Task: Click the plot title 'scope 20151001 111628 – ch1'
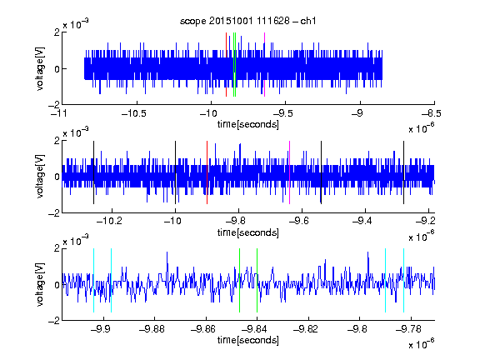(247, 21)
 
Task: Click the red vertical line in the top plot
(226, 65)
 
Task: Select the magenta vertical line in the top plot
(264, 65)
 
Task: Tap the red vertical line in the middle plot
(207, 172)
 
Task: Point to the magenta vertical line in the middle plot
(290, 172)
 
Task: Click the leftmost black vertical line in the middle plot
(93, 172)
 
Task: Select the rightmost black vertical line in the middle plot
(403, 172)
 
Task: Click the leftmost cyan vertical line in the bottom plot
(93, 280)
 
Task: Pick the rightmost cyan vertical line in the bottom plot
(403, 280)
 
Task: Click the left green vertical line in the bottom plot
(239, 280)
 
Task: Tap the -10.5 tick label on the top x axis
(134, 113)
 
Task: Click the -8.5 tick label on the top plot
(432, 113)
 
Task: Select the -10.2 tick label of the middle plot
(109, 221)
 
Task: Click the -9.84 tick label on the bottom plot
(254, 329)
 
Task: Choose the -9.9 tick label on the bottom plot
(101, 329)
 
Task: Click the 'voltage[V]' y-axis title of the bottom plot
(40, 284)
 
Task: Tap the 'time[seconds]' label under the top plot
(248, 125)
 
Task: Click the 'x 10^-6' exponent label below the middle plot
(422, 236)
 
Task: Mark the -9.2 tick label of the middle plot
(425, 221)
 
